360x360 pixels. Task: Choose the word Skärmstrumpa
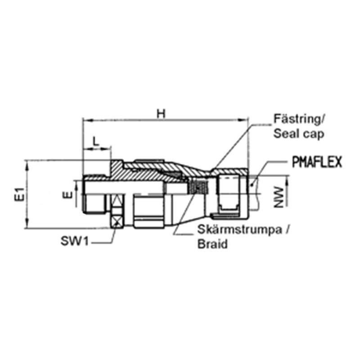tap(239, 229)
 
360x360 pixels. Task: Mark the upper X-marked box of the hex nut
tap(117, 201)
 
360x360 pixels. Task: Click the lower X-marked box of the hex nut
tap(117, 220)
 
